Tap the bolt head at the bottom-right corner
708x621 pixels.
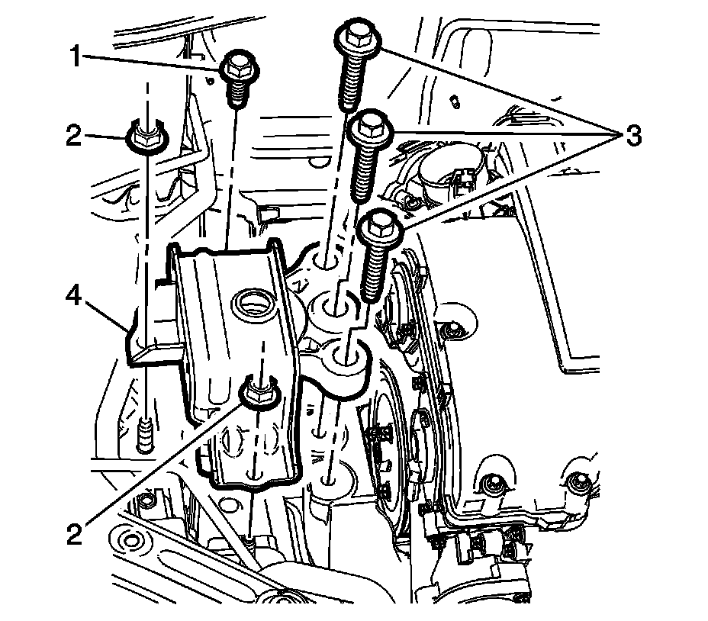580,482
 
